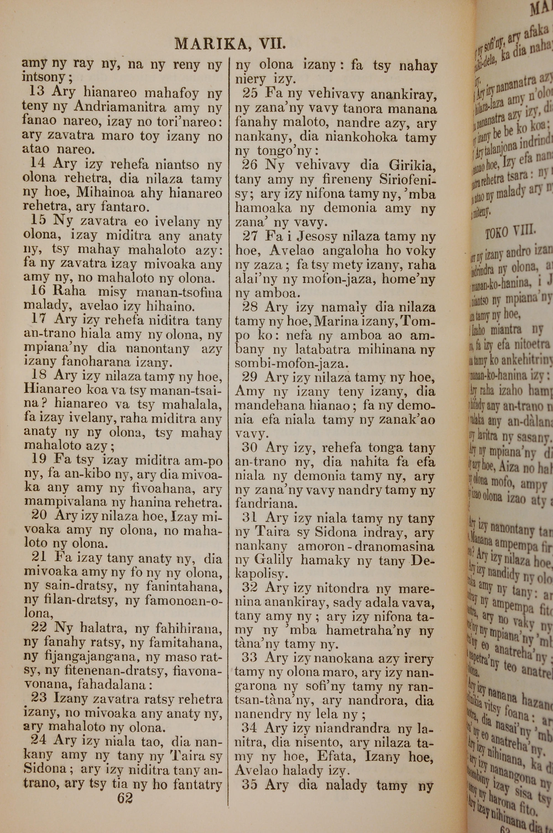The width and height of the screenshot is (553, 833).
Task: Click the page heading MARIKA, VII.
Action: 230,45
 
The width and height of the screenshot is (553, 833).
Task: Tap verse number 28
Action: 249,307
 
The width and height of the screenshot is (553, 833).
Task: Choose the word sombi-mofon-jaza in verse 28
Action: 292,363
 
